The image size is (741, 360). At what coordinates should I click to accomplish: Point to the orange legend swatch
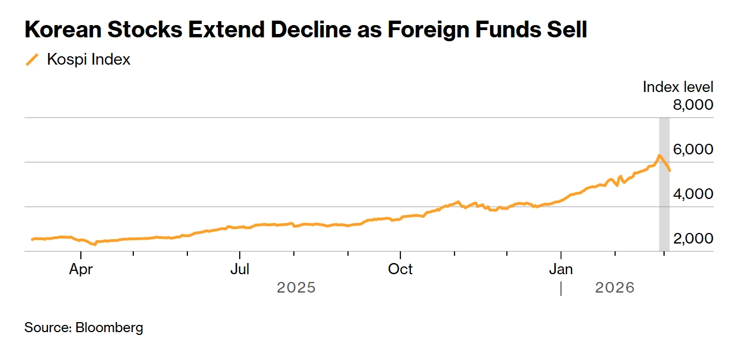32,60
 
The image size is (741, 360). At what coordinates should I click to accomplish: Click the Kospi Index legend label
89,60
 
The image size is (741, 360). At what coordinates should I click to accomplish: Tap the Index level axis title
677,87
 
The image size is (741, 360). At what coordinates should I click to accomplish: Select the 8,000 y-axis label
693,105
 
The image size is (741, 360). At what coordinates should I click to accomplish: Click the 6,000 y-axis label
693,149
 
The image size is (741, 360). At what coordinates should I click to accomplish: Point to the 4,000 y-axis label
693,194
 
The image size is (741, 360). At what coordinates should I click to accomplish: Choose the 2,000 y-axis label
693,239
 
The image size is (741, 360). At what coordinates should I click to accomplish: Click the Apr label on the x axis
81,269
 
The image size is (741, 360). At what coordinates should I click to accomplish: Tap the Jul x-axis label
240,269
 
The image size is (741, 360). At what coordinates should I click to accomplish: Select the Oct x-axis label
400,269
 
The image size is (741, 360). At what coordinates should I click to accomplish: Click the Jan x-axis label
561,269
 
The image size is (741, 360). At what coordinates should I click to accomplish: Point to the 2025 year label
296,288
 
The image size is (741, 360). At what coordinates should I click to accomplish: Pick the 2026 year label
615,288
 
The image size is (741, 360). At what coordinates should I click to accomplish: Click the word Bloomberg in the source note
109,328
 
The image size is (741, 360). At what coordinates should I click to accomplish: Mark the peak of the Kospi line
659,155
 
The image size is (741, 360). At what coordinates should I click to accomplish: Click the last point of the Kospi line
670,171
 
